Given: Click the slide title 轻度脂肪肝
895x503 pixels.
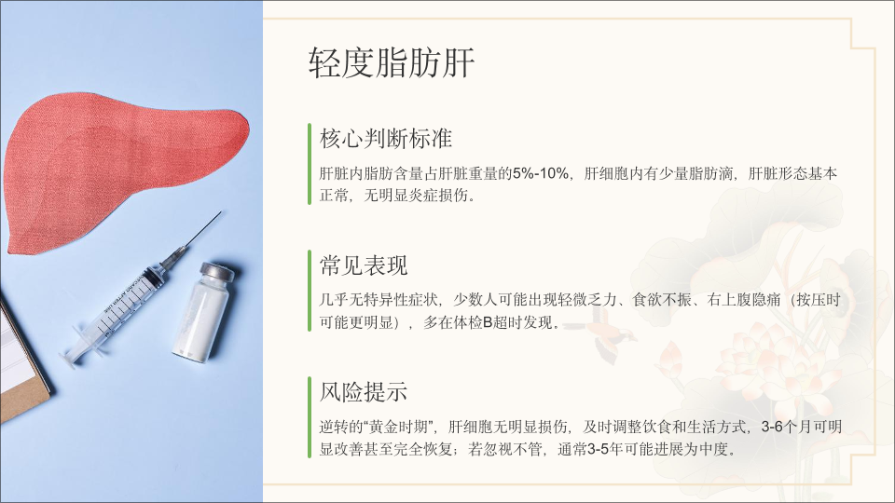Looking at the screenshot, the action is click(392, 62).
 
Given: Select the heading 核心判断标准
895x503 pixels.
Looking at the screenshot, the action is click(386, 139).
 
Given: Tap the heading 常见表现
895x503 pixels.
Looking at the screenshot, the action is click(364, 265).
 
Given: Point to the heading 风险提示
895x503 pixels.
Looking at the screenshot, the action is click(364, 392).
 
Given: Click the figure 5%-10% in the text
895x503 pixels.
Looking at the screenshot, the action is click(541, 173).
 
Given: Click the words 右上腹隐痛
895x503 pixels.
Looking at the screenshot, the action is click(744, 300).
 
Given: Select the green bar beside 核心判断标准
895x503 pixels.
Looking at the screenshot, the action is click(310, 164).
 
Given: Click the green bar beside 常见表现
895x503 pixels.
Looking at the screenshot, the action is click(310, 291).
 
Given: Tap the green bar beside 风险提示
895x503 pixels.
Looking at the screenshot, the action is click(310, 417).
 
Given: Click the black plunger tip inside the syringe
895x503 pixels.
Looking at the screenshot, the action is click(151, 278).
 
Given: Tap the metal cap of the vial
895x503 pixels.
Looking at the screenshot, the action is click(217, 272).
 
